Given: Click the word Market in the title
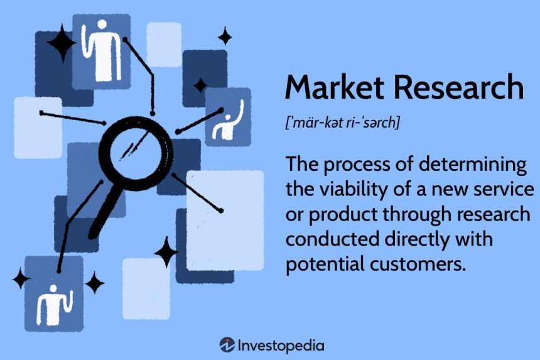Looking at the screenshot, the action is click(x=335, y=87).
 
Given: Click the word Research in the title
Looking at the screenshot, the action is click(x=459, y=87).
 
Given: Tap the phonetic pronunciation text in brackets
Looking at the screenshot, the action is click(x=343, y=123).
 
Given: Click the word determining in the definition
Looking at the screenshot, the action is click(x=473, y=165).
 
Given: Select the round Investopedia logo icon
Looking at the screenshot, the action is click(x=227, y=345).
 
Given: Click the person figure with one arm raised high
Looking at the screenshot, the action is click(x=228, y=121).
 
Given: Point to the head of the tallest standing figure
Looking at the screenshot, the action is click(x=102, y=25).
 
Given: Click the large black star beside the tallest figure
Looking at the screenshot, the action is click(x=62, y=43).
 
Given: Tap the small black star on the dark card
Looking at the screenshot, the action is click(x=200, y=85).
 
